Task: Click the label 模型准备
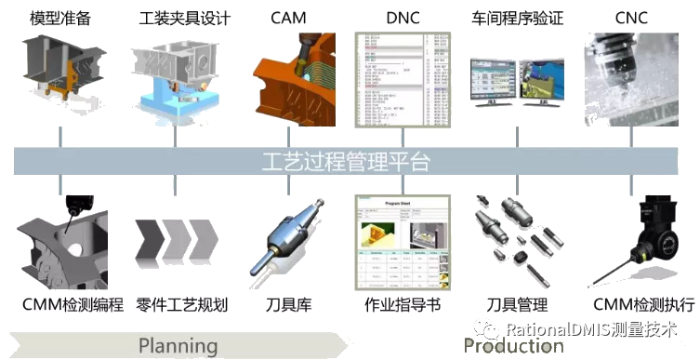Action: coord(60,18)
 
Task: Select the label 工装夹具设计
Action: coord(184,18)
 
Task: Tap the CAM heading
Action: coord(289,18)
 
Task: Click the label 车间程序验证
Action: coord(517,18)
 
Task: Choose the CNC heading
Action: coord(631,18)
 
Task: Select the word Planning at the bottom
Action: coord(178,346)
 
